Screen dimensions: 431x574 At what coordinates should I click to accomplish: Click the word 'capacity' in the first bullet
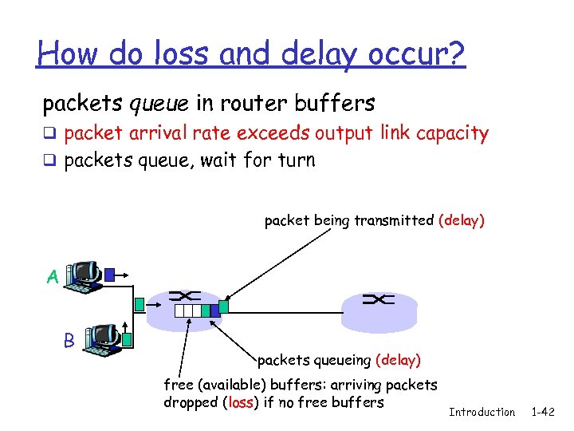(452, 133)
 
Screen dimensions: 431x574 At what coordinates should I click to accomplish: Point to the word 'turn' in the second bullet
(297, 160)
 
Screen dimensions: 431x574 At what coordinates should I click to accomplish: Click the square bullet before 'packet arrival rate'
(49, 134)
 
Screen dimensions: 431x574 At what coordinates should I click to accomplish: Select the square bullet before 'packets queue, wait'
(49, 161)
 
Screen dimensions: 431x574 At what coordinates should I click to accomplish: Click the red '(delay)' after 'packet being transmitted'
(461, 221)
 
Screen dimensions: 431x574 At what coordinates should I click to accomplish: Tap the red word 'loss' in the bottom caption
(240, 402)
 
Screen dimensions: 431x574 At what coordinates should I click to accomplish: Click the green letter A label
(52, 277)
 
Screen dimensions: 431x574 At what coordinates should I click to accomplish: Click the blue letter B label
(69, 341)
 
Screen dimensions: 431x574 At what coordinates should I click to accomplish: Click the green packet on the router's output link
(224, 306)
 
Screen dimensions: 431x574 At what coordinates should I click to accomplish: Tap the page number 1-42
(545, 412)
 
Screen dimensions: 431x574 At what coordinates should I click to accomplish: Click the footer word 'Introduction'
(482, 412)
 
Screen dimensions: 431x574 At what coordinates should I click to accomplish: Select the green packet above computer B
(140, 303)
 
